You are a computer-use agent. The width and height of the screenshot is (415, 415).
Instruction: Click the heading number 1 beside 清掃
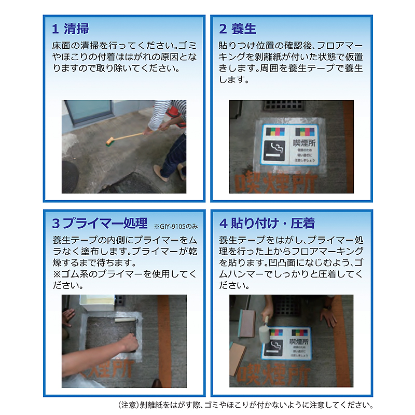(x=55, y=29)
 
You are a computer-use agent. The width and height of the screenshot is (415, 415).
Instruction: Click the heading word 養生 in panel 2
(x=244, y=29)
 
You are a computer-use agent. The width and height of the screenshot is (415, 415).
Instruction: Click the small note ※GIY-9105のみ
(x=175, y=227)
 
